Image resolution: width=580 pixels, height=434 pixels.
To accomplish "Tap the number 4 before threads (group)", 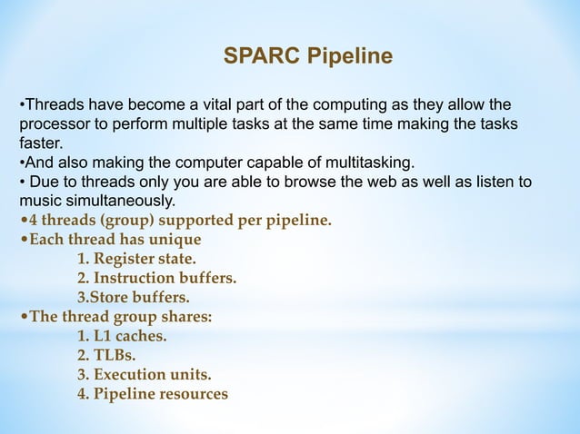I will click(x=34, y=220).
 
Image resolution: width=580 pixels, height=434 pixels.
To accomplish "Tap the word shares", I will click(x=185, y=317).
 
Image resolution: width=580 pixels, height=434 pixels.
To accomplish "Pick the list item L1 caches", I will click(x=122, y=336).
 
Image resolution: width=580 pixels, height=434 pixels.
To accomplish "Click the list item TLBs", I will click(x=106, y=355).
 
